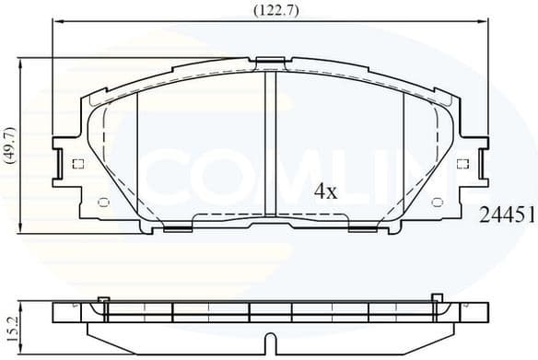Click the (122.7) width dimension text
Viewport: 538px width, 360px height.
[x=268, y=10]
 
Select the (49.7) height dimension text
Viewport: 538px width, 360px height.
[x=10, y=145]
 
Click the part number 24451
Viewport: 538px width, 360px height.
[x=507, y=215]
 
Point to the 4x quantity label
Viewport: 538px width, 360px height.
[x=326, y=192]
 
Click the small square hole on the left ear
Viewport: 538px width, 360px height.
[x=76, y=165]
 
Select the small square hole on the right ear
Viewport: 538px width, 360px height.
[x=463, y=165]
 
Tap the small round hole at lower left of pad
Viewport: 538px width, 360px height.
[x=103, y=202]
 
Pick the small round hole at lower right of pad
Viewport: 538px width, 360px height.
[x=437, y=202]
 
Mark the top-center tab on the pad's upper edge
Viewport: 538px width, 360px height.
[x=268, y=63]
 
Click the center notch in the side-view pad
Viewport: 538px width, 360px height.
[x=268, y=343]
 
